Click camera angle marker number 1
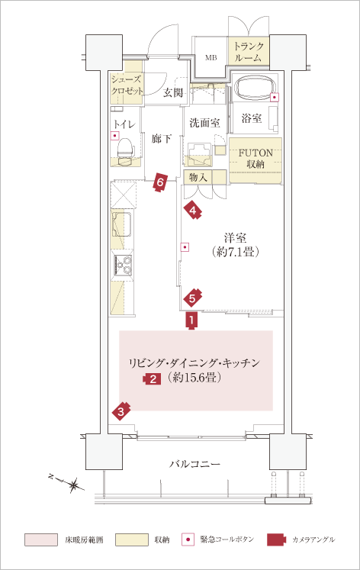191,320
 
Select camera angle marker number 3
121,411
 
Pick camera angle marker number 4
193,211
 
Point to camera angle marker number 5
192,298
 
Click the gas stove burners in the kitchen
123,265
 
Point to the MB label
211,57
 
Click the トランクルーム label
249,52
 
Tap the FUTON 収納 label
256,159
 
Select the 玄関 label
172,92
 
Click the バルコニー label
195,464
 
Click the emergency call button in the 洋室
185,247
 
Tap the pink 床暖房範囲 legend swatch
41,539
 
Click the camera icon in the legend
277,539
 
